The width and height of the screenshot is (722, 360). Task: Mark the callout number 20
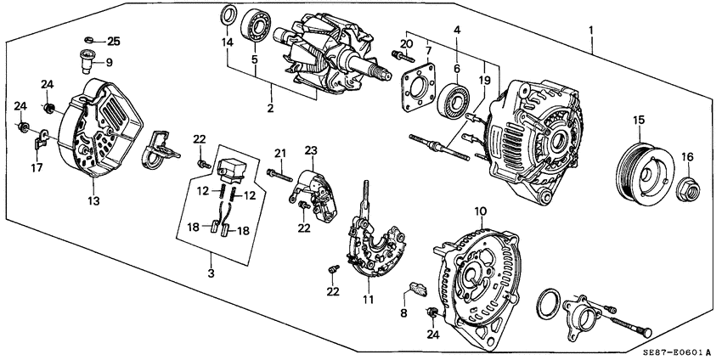405,43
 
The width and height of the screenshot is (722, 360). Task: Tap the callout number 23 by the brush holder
310,150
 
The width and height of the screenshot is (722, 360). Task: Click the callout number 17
36,168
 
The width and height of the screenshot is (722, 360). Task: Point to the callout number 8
403,312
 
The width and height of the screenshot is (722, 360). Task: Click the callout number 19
484,80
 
